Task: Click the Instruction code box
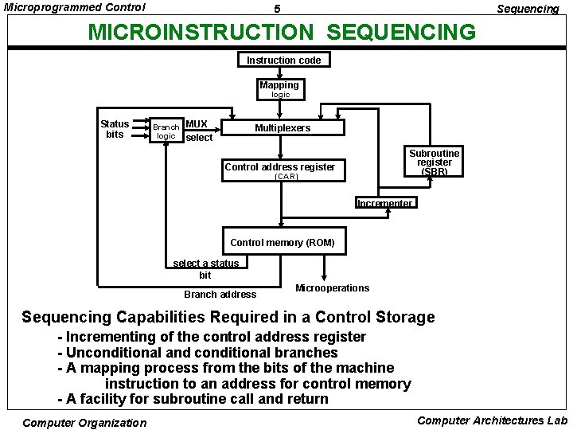point(283,60)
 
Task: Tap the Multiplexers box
point(283,128)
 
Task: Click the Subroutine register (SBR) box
point(434,162)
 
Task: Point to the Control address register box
point(279,167)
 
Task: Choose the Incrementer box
point(384,203)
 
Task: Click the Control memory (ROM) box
point(282,242)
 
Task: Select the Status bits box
point(115,128)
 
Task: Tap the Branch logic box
point(166,131)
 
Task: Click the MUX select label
point(198,131)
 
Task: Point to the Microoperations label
point(332,288)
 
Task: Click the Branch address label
point(220,295)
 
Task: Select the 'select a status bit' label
point(205,268)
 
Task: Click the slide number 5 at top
point(277,9)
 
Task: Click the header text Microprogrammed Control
point(75,7)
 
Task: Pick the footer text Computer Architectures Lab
point(492,420)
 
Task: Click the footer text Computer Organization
point(84,423)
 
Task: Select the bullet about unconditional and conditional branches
point(198,352)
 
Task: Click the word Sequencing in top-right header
point(528,9)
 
